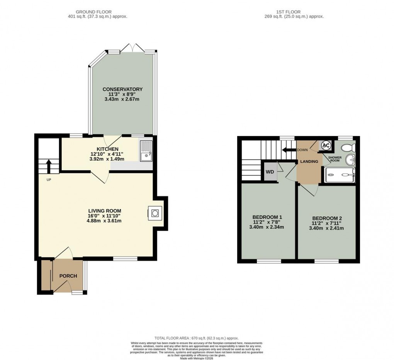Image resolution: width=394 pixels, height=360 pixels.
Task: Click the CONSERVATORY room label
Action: (122, 89)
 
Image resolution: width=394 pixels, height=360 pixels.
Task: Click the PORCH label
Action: (68, 276)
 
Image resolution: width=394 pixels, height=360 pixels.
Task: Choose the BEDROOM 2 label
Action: (327, 218)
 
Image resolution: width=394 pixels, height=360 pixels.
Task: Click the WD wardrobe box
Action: (270, 172)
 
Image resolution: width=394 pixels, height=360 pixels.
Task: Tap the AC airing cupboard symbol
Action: (326, 146)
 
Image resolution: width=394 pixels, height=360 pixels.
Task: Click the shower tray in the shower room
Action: (340, 175)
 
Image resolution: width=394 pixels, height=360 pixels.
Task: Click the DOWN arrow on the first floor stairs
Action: (288, 150)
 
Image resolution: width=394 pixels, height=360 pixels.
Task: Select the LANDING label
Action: (309, 161)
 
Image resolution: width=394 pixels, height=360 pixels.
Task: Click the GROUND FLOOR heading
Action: (97, 12)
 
